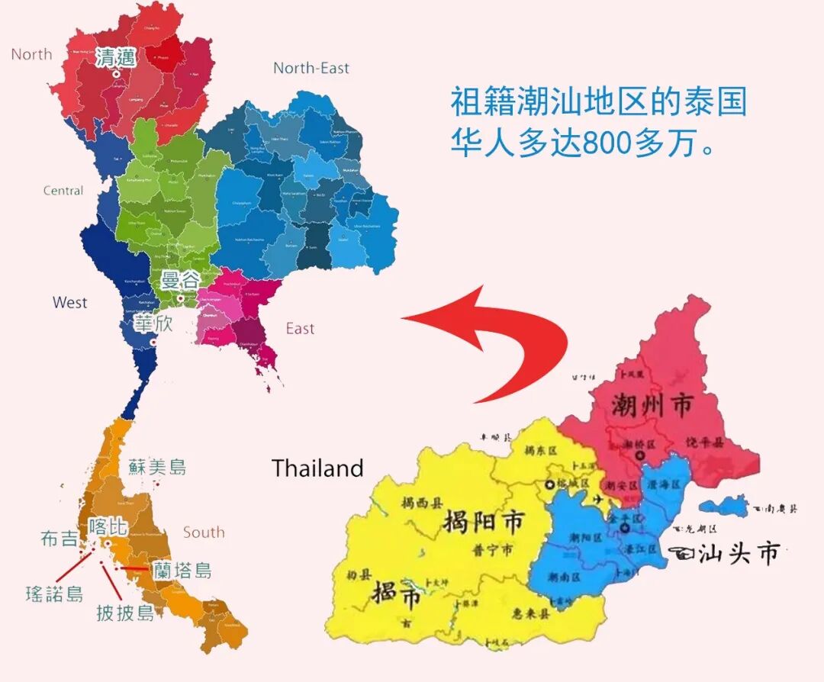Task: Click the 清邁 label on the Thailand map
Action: click(116, 57)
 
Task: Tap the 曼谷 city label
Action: click(179, 280)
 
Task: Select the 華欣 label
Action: click(153, 323)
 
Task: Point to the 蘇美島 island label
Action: click(157, 467)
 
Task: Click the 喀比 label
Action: click(108, 526)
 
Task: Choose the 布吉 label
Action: click(60, 539)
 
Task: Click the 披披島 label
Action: click(125, 612)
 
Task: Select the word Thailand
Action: click(317, 468)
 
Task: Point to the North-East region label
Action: click(311, 68)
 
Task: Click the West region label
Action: click(69, 303)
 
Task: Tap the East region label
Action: click(300, 329)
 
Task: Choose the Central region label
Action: click(63, 191)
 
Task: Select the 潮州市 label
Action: click(652, 406)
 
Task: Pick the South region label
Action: click(204, 532)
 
